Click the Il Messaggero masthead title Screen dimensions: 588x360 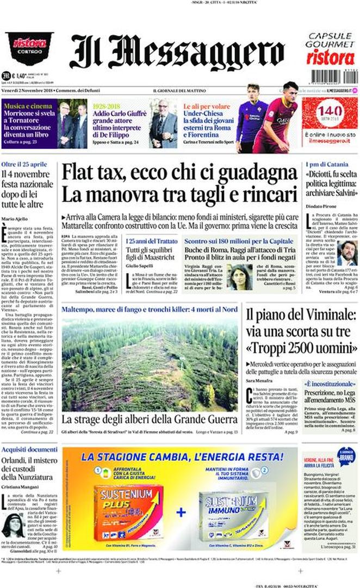point(177,52)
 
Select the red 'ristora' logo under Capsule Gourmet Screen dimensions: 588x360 point(330,56)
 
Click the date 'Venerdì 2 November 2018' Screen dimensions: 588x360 point(30,90)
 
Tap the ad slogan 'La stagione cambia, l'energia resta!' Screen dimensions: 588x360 point(179,455)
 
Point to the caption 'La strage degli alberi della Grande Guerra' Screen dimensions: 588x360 point(149,419)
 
